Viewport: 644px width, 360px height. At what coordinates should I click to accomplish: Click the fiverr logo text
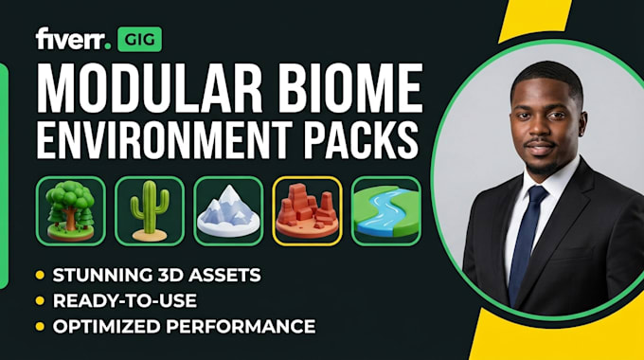coord(73,40)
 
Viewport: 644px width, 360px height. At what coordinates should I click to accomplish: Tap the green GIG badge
coord(139,40)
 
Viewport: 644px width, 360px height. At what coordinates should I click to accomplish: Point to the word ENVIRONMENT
coord(165,139)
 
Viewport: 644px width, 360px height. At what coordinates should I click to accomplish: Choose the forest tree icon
coord(71,211)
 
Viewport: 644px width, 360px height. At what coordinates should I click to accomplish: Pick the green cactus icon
coord(150,211)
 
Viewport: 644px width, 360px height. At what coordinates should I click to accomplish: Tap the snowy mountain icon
coord(228,211)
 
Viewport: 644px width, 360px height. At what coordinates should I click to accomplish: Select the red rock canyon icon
coord(307,211)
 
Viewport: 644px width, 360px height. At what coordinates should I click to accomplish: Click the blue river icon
coord(386,211)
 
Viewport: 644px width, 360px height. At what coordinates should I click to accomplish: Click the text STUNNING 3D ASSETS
coord(157,276)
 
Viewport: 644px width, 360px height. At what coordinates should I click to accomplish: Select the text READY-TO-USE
coord(125,301)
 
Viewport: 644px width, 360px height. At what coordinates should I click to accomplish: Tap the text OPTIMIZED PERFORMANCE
coord(184,327)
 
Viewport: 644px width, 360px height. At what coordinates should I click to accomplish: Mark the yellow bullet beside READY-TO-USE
coord(40,301)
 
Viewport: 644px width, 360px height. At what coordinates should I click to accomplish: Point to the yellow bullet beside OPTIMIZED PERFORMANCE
coord(40,327)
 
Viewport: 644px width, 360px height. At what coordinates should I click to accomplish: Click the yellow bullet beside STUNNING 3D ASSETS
coord(40,276)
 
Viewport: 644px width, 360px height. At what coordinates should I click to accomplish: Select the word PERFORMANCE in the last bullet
coord(241,327)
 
